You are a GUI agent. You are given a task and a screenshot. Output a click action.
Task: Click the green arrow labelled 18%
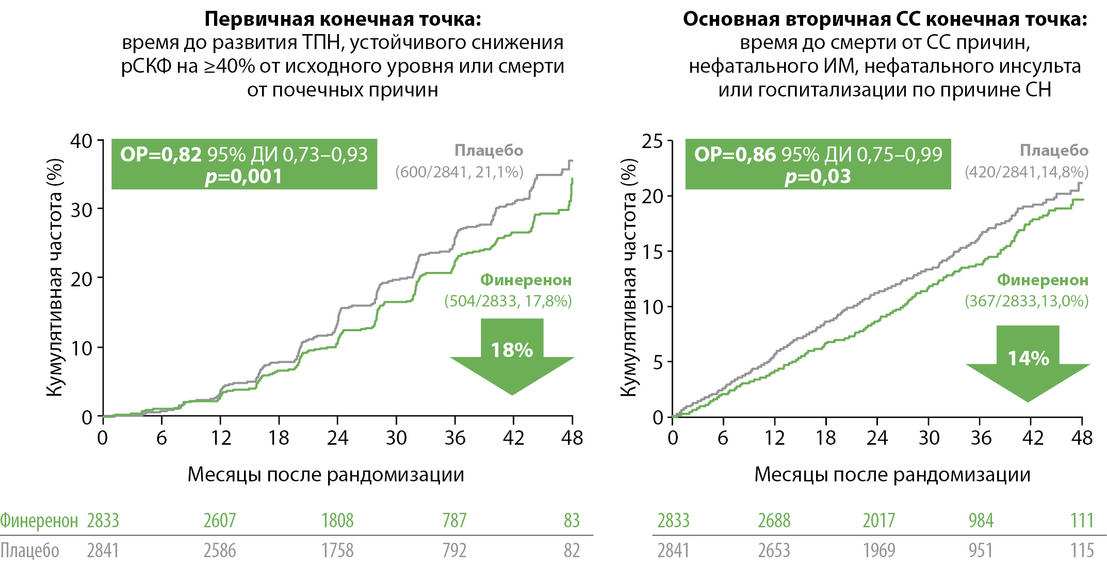[512, 356]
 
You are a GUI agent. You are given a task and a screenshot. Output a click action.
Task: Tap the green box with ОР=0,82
[244, 164]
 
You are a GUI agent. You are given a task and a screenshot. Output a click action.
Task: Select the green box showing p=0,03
[818, 164]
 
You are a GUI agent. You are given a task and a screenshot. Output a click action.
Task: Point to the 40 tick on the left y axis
[82, 141]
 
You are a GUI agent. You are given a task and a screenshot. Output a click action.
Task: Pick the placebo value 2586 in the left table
[219, 550]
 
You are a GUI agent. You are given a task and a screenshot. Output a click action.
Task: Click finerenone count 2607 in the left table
[219, 521]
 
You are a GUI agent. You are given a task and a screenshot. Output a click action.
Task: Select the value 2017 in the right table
[878, 521]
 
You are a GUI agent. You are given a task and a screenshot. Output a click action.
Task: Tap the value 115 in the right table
[1082, 550]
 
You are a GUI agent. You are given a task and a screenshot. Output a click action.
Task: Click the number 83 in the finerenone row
[572, 521]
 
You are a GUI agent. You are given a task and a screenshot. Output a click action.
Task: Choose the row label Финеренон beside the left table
[39, 521]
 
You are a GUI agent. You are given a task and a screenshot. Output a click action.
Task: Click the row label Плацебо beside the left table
[29, 550]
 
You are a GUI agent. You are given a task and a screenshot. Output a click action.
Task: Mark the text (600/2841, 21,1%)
[459, 172]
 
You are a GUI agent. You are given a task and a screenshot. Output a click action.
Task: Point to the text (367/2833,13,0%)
[1027, 301]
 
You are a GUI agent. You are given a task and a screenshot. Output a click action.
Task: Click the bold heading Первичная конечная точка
[343, 19]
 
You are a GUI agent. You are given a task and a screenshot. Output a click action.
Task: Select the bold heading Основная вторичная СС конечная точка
[885, 19]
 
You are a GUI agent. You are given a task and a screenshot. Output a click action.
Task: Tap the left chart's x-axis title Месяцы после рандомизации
[325, 474]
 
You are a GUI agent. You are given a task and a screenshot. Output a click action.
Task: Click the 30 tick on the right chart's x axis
[929, 438]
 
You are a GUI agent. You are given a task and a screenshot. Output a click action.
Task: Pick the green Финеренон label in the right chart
[1042, 280]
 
